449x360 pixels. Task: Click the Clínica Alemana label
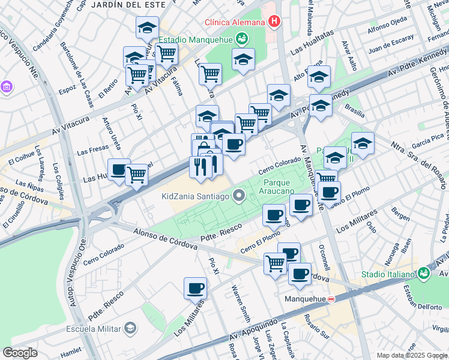pos(235,22)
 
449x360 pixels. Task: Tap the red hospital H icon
pos(274,22)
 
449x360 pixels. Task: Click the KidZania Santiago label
pos(196,196)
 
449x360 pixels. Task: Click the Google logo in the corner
pos(20,353)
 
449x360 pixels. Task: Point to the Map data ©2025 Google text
pos(412,356)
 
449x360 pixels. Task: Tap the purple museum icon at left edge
pos(7,88)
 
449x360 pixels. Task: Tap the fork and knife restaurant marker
pos(199,166)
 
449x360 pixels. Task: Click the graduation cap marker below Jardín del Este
pos(146,27)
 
